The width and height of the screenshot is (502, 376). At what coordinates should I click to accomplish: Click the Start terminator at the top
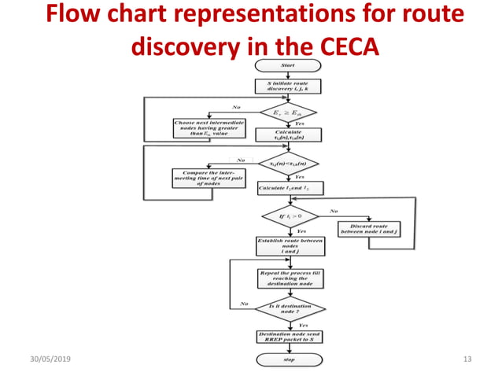288,65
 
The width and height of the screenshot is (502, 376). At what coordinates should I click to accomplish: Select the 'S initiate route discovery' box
288,87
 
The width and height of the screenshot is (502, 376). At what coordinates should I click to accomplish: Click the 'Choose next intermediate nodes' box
201,128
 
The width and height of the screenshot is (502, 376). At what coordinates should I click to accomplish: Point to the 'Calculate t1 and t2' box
289,188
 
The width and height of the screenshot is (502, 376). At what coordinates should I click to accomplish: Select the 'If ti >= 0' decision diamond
289,214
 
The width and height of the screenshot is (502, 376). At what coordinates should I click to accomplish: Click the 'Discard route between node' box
368,230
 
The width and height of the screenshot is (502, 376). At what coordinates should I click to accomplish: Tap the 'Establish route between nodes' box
289,245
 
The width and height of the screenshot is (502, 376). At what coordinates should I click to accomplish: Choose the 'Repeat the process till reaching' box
289,278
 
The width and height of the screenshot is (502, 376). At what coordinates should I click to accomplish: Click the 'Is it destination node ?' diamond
289,308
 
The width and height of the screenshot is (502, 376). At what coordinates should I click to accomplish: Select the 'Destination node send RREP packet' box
289,337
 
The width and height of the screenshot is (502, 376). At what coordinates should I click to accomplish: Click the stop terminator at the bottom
289,359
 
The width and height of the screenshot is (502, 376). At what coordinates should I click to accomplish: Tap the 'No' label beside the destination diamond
244,303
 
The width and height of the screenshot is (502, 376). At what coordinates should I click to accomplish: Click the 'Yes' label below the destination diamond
303,324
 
